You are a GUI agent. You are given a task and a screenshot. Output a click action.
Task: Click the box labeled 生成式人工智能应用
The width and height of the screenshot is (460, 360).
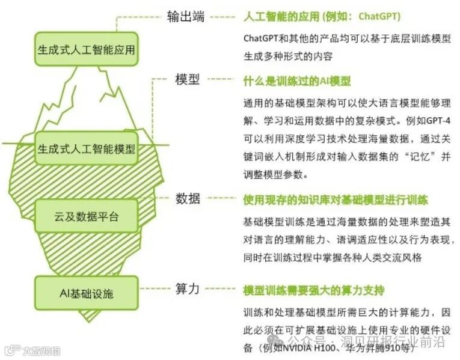pyautogui.click(x=86, y=50)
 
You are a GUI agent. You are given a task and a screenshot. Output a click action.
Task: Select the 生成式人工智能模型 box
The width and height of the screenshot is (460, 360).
pyautogui.click(x=86, y=147)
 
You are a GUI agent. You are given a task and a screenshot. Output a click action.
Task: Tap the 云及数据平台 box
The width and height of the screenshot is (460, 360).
pyautogui.click(x=86, y=216)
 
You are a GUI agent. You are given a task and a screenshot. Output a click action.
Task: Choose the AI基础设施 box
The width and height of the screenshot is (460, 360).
pyautogui.click(x=86, y=293)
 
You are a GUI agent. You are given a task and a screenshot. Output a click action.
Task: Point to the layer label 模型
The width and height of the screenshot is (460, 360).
pyautogui.click(x=187, y=79)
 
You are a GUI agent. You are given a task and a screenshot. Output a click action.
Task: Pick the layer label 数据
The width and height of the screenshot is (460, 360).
pyautogui.click(x=187, y=199)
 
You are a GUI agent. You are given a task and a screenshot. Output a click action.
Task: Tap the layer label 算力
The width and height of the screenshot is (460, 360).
pyautogui.click(x=187, y=288)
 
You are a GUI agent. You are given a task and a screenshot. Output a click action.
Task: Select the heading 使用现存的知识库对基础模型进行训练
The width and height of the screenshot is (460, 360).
pyautogui.click(x=335, y=200)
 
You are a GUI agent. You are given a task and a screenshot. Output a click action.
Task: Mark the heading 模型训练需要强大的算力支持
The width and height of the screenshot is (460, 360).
pyautogui.click(x=313, y=290)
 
